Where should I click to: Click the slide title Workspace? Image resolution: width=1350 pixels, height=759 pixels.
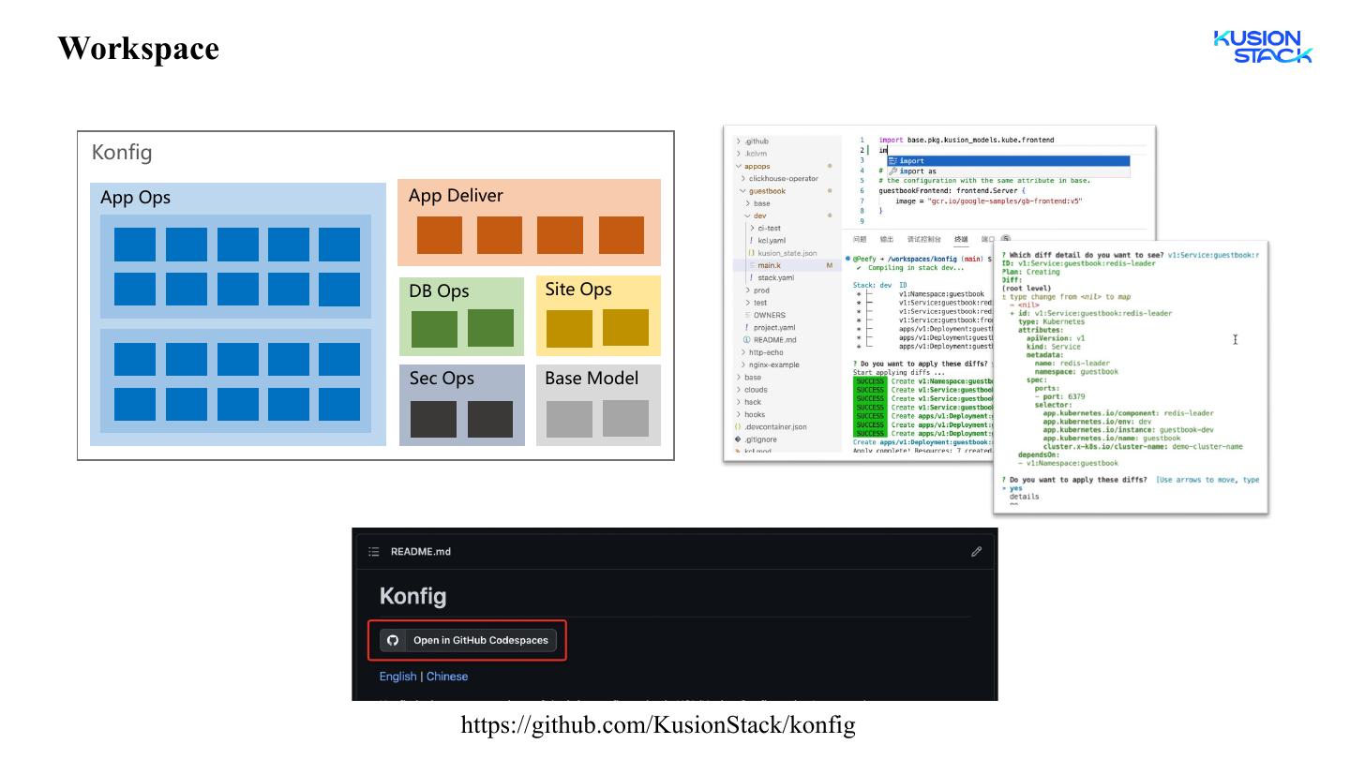pos(138,48)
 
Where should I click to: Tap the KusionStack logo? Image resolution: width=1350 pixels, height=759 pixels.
pos(1262,47)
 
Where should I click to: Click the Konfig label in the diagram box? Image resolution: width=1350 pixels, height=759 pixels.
pos(122,152)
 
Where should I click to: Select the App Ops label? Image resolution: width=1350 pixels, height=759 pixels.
pos(135,198)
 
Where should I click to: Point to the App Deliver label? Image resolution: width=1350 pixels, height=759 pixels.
pos(456,196)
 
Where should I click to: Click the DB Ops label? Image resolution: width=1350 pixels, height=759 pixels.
pos(439,291)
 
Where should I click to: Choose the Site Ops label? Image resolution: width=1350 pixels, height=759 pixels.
pos(578,290)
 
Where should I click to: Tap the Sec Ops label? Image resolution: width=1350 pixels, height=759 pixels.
pos(442,379)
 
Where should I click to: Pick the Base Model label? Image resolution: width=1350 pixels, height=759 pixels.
pos(592,379)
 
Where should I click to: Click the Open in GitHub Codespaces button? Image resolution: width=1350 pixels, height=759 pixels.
pos(468,640)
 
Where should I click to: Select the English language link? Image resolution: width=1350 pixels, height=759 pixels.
pos(397,677)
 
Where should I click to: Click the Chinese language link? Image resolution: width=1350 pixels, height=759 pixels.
pos(447,677)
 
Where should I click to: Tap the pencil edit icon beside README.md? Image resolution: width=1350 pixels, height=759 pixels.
pos(976,552)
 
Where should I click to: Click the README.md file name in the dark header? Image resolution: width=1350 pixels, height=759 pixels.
pos(420,552)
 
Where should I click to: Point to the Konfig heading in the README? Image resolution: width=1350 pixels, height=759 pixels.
pos(412,596)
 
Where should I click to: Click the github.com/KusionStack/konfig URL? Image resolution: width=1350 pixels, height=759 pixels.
pos(657,724)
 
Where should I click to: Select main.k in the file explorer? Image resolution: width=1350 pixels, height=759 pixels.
pos(769,266)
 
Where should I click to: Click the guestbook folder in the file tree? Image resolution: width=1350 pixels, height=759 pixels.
pos(767,191)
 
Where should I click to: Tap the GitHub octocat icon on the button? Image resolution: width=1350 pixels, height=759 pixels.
pos(393,640)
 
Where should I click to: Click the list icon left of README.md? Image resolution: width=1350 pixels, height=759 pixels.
pos(374,552)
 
